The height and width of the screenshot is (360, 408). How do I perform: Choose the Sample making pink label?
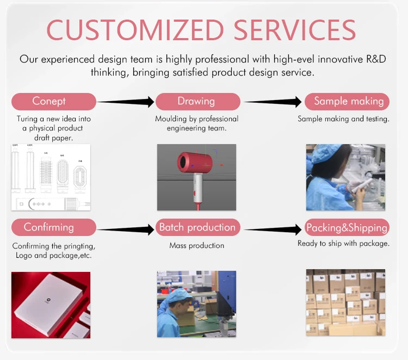coord(348,101)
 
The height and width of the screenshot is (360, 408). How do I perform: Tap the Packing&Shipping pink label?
coord(347,227)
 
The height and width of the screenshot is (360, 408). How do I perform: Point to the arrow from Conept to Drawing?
coord(126,102)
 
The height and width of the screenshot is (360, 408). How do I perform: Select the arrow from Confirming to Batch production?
coord(126,230)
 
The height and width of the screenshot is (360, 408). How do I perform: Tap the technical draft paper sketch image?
coord(51,177)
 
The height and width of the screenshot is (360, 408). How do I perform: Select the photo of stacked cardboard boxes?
coord(345,302)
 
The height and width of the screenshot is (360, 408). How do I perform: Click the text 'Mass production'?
coord(197,246)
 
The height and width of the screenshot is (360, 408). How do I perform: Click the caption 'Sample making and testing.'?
coord(343,119)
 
